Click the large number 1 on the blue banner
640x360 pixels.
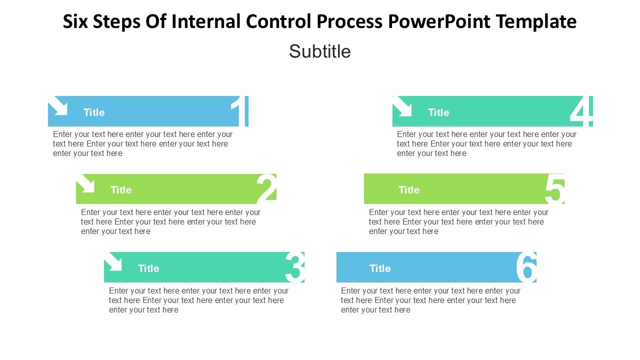pos(240,111)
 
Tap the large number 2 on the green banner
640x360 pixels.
pos(266,189)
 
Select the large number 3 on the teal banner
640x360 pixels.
pos(294,267)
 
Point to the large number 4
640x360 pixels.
pos(581,111)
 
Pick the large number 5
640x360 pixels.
pos(554,189)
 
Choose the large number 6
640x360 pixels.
pos(526,267)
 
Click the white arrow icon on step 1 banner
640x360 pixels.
pos(58,106)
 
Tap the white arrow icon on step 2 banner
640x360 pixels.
pos(86,183)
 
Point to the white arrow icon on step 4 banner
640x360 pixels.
pos(402,106)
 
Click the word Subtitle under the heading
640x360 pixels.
pos(320,51)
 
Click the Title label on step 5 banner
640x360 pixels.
pos(409,190)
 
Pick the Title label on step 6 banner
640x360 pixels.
pos(380,268)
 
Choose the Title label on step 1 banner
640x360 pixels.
pos(94,112)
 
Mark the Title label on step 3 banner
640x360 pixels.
pos(148,268)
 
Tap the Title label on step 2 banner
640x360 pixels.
pos(121,190)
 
